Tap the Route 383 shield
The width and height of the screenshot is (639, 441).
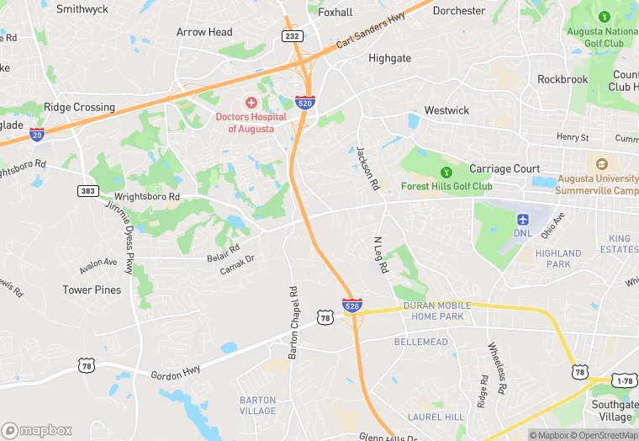[x=87, y=191]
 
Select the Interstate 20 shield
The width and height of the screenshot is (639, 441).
[x=36, y=134]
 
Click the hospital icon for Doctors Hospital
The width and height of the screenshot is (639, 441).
[x=251, y=102]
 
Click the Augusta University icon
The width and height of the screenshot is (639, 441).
[x=601, y=164]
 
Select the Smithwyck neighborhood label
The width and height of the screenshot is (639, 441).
[x=82, y=9]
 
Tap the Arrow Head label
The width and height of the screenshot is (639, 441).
[x=204, y=32]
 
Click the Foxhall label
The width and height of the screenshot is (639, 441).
[x=335, y=13]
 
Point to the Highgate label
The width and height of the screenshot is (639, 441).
[x=390, y=58]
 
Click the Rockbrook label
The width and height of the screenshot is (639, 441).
[x=562, y=79]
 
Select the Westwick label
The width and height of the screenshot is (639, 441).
[x=446, y=110]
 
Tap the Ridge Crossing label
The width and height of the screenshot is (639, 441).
[x=79, y=107]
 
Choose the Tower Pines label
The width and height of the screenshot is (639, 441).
[x=92, y=290]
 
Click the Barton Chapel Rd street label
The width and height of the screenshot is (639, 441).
[x=293, y=324]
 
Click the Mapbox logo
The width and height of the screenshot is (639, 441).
[x=38, y=430]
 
